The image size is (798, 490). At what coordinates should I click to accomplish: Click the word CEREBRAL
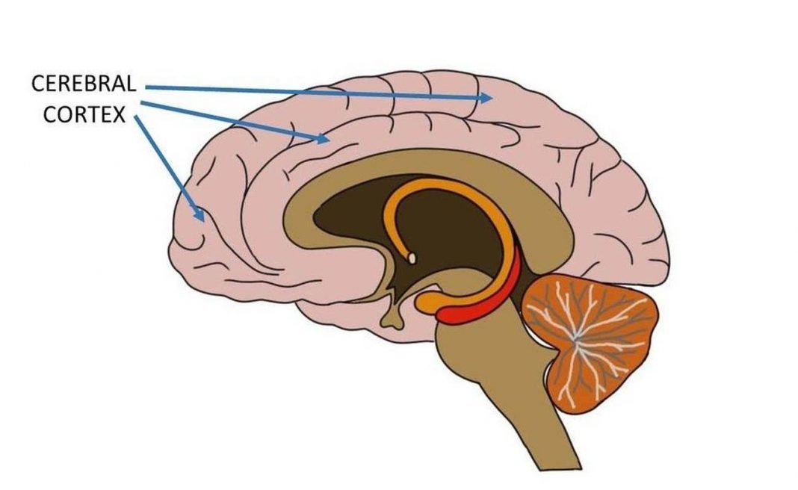[x=84, y=84]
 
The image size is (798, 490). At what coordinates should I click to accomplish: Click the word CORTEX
[x=84, y=115]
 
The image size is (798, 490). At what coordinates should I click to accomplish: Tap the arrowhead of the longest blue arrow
[x=486, y=97]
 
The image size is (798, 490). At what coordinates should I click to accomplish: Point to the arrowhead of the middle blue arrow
[x=322, y=138]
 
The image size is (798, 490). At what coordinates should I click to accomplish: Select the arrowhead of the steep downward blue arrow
[x=199, y=214]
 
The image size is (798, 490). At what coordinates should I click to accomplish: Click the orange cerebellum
[x=590, y=341]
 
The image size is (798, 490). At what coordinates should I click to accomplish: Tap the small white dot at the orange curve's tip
[x=412, y=258]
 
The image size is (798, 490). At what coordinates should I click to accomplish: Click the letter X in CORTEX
[x=119, y=115]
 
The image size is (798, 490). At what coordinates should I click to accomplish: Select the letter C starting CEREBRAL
[x=38, y=84]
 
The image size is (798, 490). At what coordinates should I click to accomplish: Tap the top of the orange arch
[x=438, y=182]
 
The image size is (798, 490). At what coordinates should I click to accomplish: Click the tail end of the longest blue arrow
[x=147, y=87]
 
